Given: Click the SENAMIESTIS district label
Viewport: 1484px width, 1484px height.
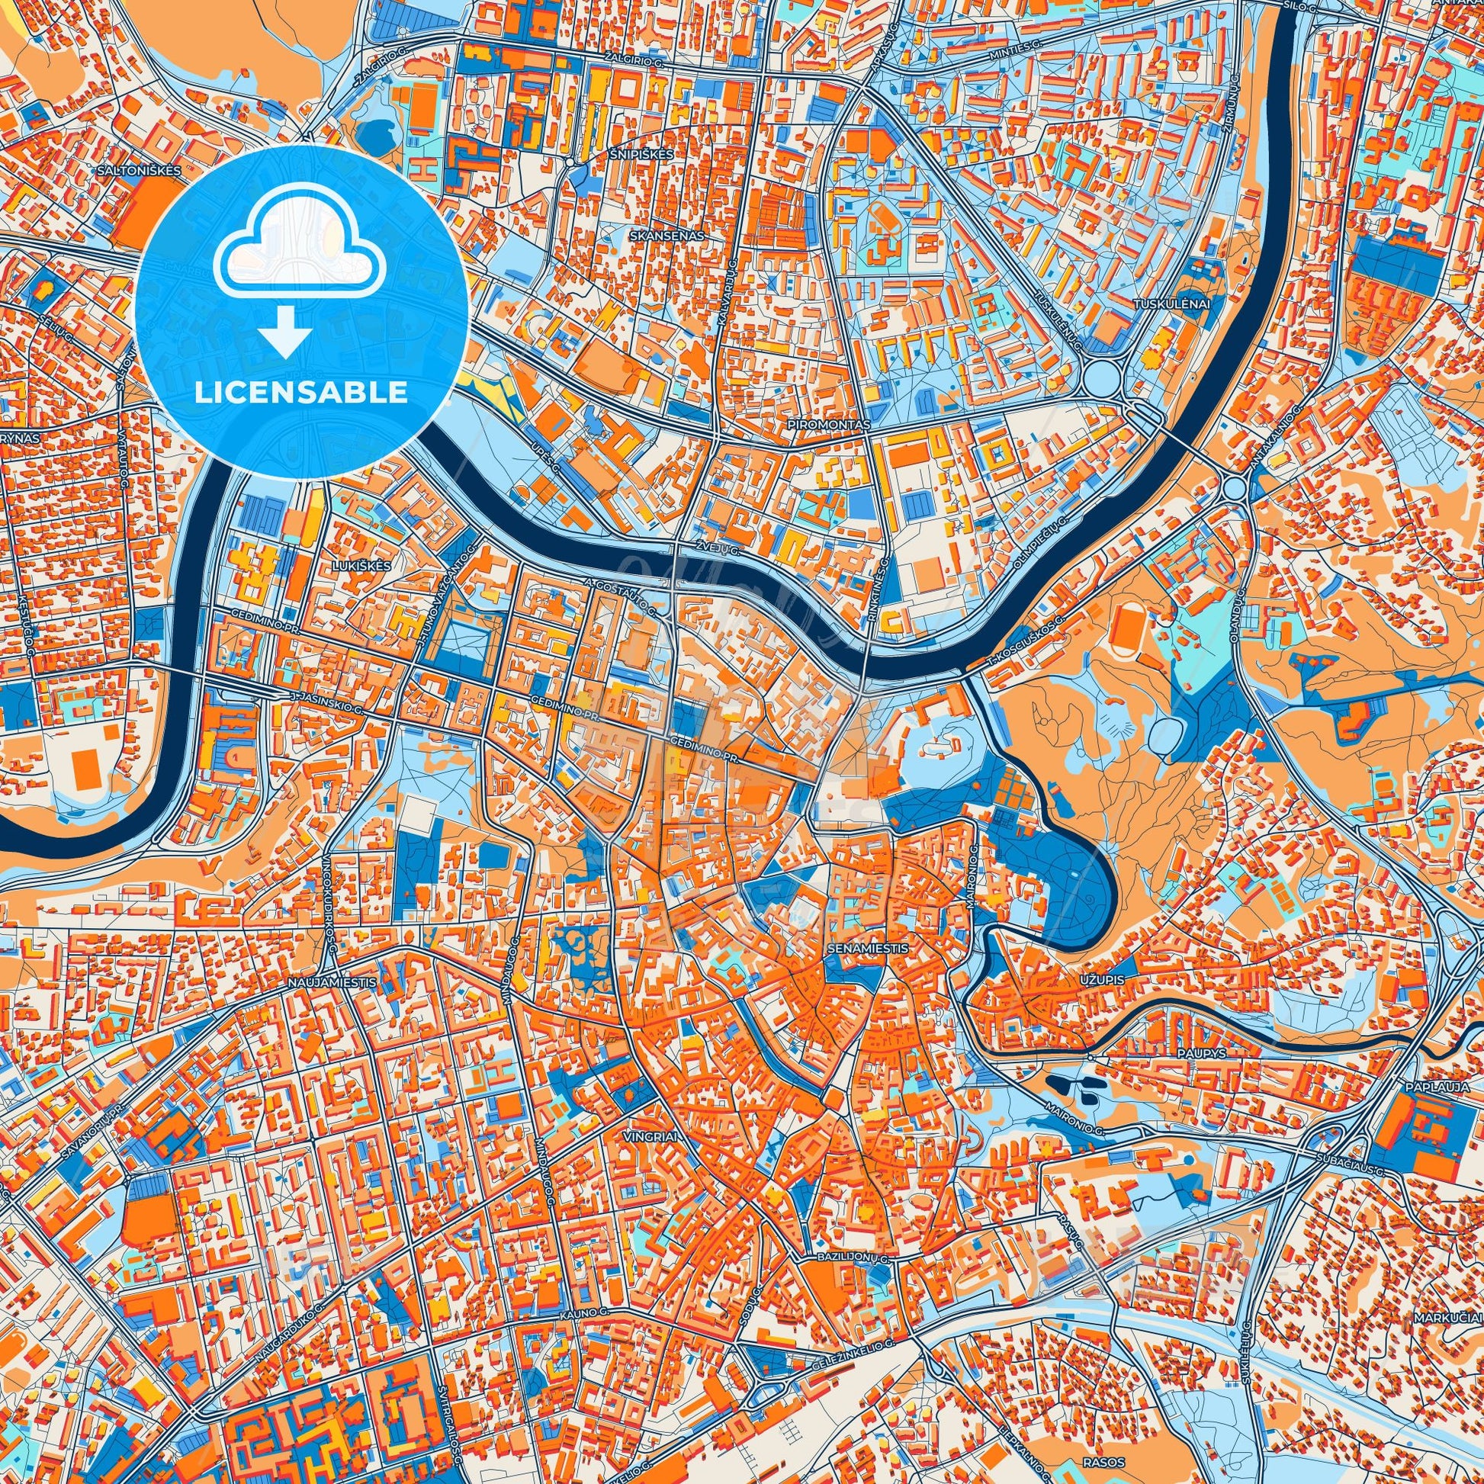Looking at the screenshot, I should [x=868, y=949].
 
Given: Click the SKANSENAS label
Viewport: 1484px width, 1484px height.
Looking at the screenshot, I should [x=665, y=236].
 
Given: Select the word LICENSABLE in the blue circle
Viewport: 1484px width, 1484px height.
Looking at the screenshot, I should [x=301, y=393].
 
